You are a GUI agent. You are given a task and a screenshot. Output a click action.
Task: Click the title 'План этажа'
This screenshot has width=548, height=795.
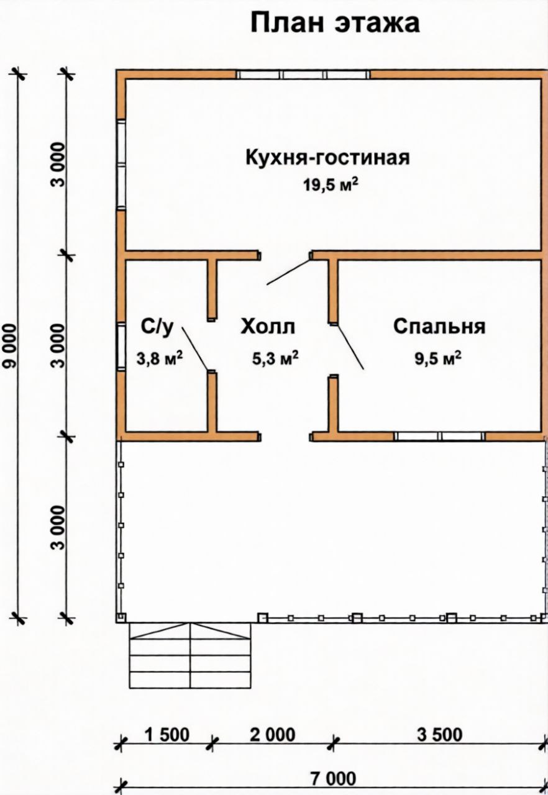(x=335, y=24)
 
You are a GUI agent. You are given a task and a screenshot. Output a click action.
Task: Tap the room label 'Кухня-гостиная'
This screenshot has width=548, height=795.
(x=327, y=157)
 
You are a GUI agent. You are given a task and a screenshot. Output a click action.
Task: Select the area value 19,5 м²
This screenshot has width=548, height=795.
(x=331, y=184)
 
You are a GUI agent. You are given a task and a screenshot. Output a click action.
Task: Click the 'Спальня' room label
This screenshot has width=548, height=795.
(x=439, y=326)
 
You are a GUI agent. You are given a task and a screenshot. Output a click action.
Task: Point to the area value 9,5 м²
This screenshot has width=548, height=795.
(x=438, y=358)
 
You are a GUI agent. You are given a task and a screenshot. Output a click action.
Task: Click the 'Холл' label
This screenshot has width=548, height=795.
(x=268, y=326)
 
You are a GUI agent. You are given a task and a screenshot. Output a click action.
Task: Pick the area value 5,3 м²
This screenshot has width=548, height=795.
(x=275, y=358)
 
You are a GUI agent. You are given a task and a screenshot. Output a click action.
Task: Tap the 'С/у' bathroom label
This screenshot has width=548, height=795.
(x=157, y=327)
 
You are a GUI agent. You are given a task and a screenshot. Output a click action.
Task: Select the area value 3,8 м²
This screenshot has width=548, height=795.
(x=159, y=358)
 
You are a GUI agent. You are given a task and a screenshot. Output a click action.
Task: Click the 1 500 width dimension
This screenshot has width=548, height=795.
(x=167, y=735)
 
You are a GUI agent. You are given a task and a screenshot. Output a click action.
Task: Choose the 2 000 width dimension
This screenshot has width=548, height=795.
(x=273, y=735)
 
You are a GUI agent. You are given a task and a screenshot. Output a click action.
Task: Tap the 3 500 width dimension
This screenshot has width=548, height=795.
(x=440, y=735)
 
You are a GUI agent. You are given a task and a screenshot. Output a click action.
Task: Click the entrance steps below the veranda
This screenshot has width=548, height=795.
(x=190, y=655)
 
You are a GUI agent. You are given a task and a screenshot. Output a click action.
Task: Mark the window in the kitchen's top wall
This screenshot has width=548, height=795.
(x=303, y=75)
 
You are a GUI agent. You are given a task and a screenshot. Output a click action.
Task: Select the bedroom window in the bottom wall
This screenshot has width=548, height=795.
(x=439, y=436)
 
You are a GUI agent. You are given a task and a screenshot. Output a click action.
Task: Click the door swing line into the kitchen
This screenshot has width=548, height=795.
(x=289, y=272)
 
